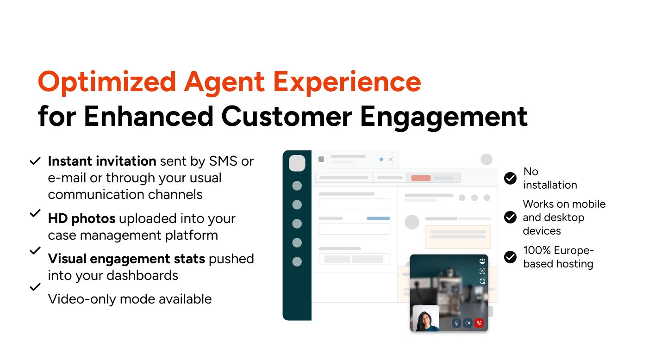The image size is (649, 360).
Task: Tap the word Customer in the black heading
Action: click(x=287, y=117)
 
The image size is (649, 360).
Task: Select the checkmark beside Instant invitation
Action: click(x=35, y=161)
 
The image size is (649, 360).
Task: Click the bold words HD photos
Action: click(x=82, y=218)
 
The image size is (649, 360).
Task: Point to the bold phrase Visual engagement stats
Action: click(x=127, y=259)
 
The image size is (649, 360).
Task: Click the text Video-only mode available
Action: click(x=130, y=299)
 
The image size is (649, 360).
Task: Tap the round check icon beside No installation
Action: click(x=510, y=178)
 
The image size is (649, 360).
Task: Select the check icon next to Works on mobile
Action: click(x=510, y=217)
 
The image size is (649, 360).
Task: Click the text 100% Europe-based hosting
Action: click(x=558, y=257)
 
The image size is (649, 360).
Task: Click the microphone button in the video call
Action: click(x=456, y=323)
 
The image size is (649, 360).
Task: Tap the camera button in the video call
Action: click(x=468, y=323)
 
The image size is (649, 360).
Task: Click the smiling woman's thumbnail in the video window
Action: click(x=425, y=318)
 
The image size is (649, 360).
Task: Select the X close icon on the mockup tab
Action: click(x=391, y=159)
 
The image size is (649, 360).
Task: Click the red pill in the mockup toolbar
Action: click(x=421, y=178)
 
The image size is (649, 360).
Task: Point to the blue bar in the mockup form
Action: click(x=378, y=218)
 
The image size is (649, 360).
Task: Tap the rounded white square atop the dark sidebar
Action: click(x=297, y=163)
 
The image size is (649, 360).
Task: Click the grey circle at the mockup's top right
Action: click(x=487, y=159)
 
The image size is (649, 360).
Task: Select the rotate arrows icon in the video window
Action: click(x=482, y=281)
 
